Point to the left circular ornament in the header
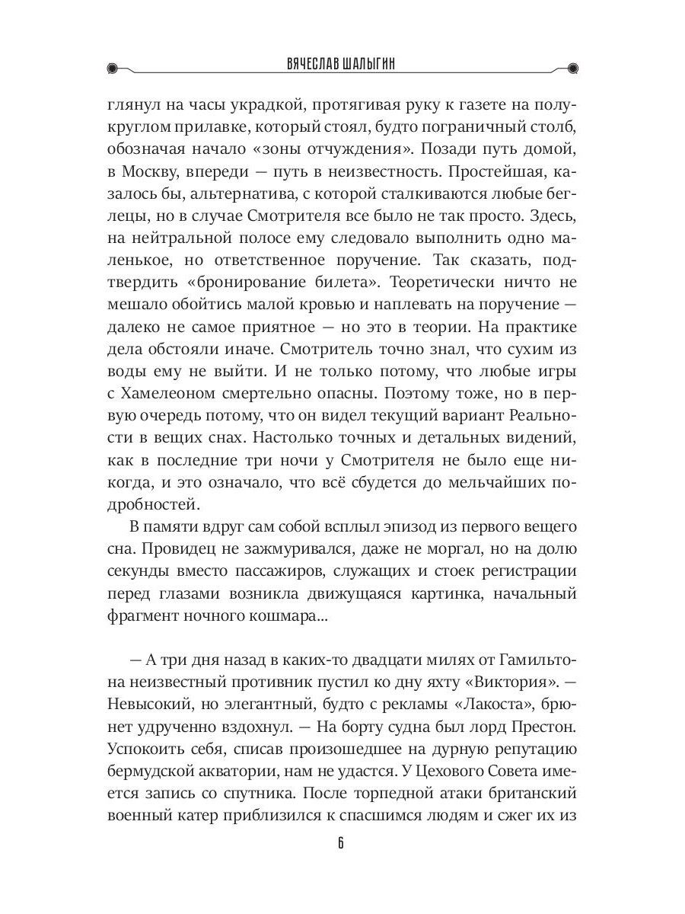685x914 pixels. (113, 67)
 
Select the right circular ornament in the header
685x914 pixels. (572, 67)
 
